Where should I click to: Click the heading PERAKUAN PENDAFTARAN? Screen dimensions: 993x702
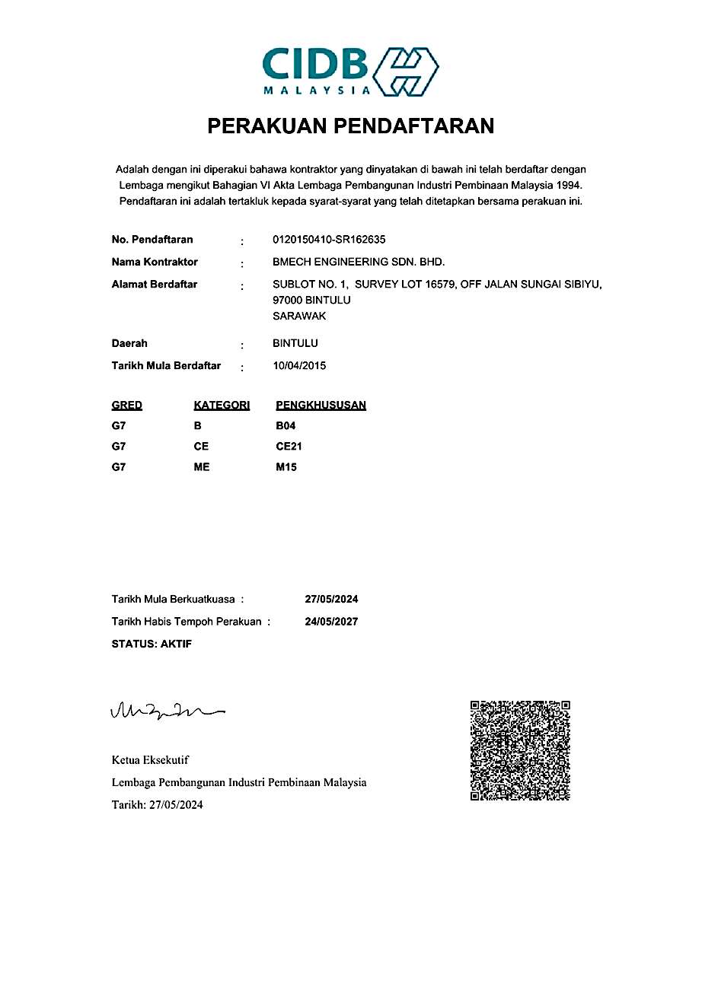tap(351, 126)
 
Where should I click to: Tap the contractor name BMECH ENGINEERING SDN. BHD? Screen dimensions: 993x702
tap(359, 262)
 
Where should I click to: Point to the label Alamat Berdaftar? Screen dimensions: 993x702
tap(155, 284)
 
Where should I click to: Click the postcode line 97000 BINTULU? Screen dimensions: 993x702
tap(311, 300)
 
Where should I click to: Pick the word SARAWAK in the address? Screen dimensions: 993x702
tap(299, 316)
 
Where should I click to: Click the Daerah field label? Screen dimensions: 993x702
tap(129, 343)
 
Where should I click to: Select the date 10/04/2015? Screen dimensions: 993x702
tap(299, 365)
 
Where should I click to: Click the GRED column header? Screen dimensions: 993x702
tap(127, 405)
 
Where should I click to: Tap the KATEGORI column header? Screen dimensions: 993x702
tap(222, 405)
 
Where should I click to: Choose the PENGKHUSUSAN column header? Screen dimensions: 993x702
tap(321, 405)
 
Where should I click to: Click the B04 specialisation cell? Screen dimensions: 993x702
tap(286, 426)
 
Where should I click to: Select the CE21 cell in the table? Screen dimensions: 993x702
tap(289, 446)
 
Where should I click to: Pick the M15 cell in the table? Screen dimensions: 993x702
tap(286, 467)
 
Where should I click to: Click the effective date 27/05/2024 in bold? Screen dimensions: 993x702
tap(331, 600)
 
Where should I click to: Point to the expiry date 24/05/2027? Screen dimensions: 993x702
tap(331, 622)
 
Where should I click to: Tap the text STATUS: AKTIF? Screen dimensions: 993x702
tap(152, 644)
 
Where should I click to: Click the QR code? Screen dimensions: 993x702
tap(520, 750)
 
